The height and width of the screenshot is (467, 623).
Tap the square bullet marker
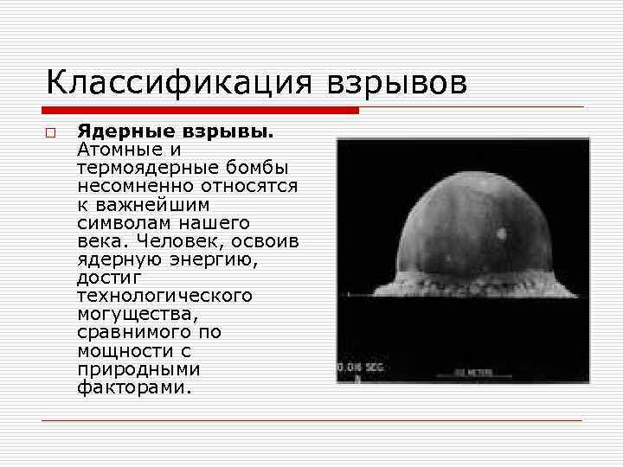(51, 134)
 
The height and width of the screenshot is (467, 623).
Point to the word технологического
(164, 296)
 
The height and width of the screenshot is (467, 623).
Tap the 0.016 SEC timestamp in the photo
(361, 368)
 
